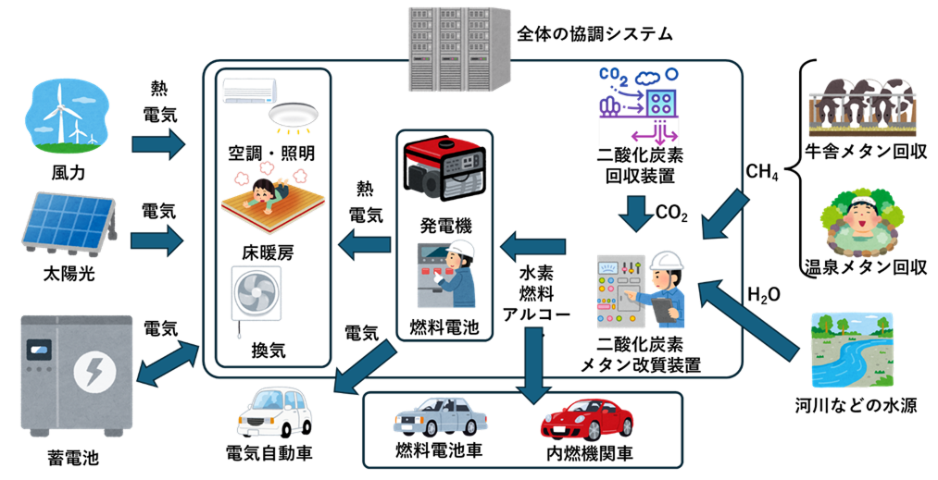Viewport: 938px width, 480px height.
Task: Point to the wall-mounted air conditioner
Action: click(249, 90)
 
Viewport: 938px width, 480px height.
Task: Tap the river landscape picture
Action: click(852, 350)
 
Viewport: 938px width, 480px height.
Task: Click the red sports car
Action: click(587, 418)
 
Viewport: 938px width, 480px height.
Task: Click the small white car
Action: click(274, 411)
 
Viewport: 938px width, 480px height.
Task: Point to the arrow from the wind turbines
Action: click(158, 144)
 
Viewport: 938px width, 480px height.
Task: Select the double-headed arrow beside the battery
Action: click(168, 363)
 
